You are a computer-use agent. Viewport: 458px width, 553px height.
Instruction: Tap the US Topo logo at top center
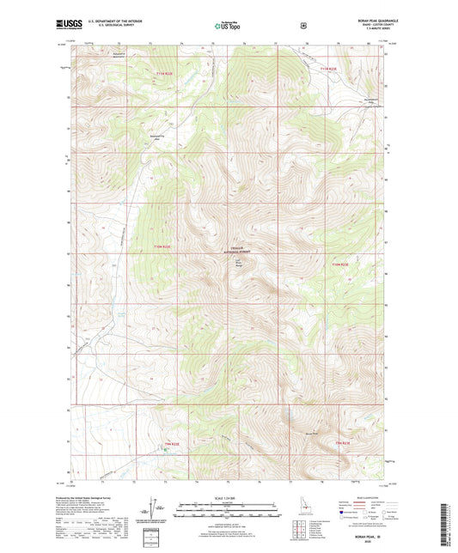tap(227, 27)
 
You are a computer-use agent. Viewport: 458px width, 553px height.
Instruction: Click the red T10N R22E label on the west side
tap(162, 247)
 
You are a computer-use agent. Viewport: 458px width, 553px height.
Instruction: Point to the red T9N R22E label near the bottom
tap(174, 443)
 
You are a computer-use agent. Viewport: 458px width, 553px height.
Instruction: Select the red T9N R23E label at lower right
tap(343, 442)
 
